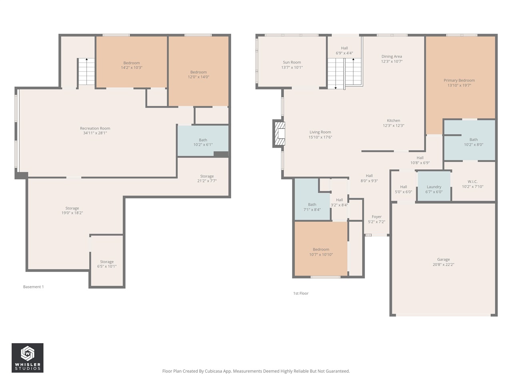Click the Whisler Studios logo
pyautogui.click(x=27, y=358)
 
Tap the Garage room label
pyautogui.click(x=443, y=260)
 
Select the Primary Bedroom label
pyautogui.click(x=459, y=80)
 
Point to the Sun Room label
pyautogui.click(x=292, y=62)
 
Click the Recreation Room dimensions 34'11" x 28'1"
pyautogui.click(x=95, y=133)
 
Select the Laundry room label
pyautogui.click(x=434, y=187)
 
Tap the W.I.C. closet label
pyautogui.click(x=472, y=182)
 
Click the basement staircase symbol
pyautogui.click(x=86, y=72)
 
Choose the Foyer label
pyautogui.click(x=376, y=217)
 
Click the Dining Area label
pyautogui.click(x=392, y=56)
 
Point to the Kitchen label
pyautogui.click(x=393, y=120)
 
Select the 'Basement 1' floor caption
pyautogui.click(x=33, y=287)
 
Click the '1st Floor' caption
pyautogui.click(x=301, y=293)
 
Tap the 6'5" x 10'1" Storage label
pyautogui.click(x=107, y=264)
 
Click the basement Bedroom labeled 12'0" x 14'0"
pyautogui.click(x=198, y=74)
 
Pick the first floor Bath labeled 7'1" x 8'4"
pyautogui.click(x=312, y=207)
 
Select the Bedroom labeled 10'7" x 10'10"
pyautogui.click(x=321, y=252)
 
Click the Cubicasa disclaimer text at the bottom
pyautogui.click(x=256, y=371)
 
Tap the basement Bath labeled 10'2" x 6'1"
pyautogui.click(x=203, y=142)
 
